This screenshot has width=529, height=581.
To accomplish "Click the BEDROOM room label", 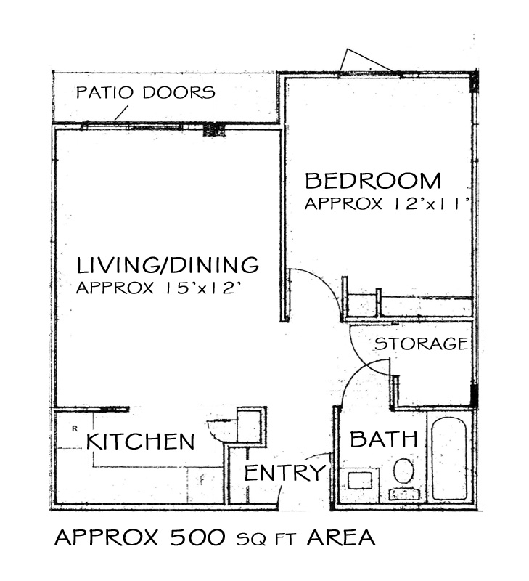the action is click(x=373, y=181).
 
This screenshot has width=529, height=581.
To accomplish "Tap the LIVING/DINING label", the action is click(x=168, y=264).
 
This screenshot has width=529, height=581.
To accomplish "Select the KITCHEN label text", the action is click(x=140, y=442).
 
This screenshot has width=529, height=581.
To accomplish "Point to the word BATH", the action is click(x=384, y=439).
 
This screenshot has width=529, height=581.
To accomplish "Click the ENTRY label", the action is click(x=284, y=473).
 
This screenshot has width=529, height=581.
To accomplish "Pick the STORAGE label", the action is click(x=422, y=344).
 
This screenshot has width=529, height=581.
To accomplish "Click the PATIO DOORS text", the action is click(x=145, y=92).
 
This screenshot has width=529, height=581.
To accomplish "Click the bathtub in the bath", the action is click(x=448, y=459).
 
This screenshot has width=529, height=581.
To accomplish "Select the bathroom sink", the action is click(x=360, y=481).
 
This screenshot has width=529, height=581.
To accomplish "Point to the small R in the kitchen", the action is click(x=75, y=428).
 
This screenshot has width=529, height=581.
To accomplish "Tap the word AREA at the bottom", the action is click(x=340, y=537).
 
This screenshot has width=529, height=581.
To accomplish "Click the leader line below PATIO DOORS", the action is click(x=120, y=113).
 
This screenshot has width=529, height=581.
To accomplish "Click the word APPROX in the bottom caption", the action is click(x=106, y=537).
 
